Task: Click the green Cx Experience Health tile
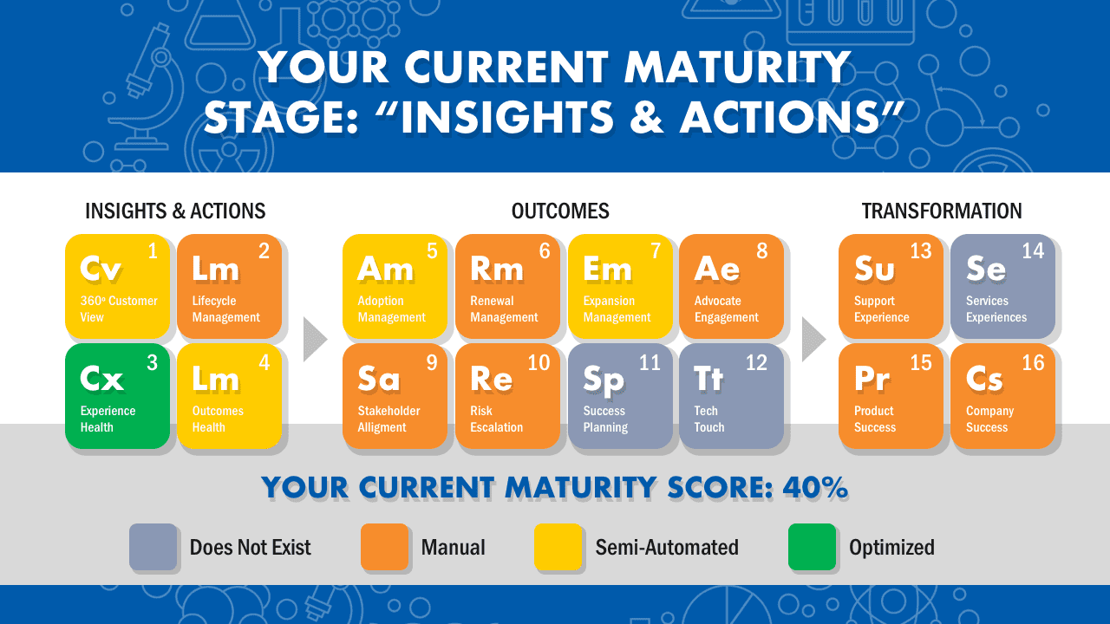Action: click(117, 396)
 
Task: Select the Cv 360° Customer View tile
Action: click(117, 286)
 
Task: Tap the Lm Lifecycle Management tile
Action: click(230, 286)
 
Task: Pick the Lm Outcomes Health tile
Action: click(230, 396)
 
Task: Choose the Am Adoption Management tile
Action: click(395, 286)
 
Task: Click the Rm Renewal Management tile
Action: click(507, 286)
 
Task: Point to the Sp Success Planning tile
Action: click(620, 396)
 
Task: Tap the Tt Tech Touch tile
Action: click(731, 396)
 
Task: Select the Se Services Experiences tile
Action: click(1003, 286)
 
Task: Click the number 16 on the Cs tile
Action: click(1033, 363)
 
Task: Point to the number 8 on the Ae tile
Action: click(762, 251)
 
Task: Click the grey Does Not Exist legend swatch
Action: click(153, 547)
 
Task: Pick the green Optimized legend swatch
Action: click(813, 547)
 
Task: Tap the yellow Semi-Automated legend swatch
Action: click(558, 547)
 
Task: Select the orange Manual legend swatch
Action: click(384, 547)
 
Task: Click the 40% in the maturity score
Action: click(815, 487)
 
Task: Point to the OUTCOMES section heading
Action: click(560, 211)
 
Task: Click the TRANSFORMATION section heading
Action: click(942, 211)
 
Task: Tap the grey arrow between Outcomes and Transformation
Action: click(812, 339)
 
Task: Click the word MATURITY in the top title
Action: click(737, 67)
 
